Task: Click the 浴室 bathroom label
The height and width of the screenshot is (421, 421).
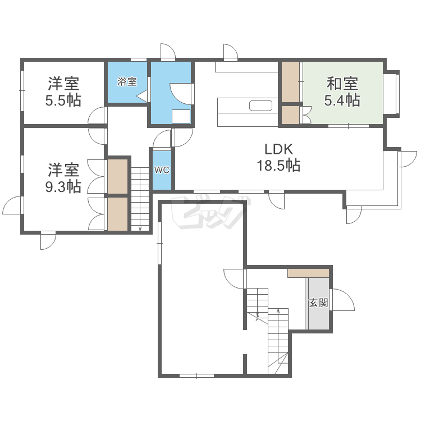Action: click(x=127, y=81)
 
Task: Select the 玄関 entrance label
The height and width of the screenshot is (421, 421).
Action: click(x=318, y=303)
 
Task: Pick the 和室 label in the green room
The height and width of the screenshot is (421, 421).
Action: click(x=342, y=84)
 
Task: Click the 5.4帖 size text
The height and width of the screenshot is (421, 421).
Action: click(x=342, y=100)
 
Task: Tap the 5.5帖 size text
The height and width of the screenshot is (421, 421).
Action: click(x=63, y=100)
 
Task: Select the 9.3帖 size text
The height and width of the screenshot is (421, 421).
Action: click(x=63, y=186)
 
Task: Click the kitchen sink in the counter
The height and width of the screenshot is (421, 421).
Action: click(x=260, y=106)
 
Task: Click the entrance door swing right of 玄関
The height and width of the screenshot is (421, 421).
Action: click(x=342, y=300)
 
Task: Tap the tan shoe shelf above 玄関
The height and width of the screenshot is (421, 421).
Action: click(x=308, y=273)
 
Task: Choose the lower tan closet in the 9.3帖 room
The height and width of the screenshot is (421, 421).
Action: click(x=118, y=213)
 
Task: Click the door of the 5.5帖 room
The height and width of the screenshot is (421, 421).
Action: click(x=98, y=116)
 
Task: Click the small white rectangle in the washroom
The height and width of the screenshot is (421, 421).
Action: click(x=181, y=116)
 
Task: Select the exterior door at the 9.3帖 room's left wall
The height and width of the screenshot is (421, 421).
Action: click(x=12, y=205)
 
